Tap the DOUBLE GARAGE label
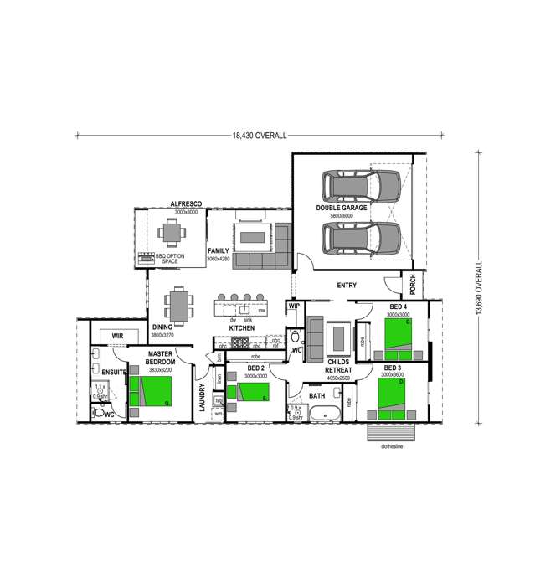point(342,207)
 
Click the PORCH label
point(413,286)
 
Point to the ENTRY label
point(347,286)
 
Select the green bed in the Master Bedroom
point(151,391)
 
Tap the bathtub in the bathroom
point(322,412)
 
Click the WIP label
point(294,306)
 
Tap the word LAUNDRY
point(202,397)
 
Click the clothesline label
point(392,448)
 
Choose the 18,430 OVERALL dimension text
point(260,134)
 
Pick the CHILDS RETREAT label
point(333,364)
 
